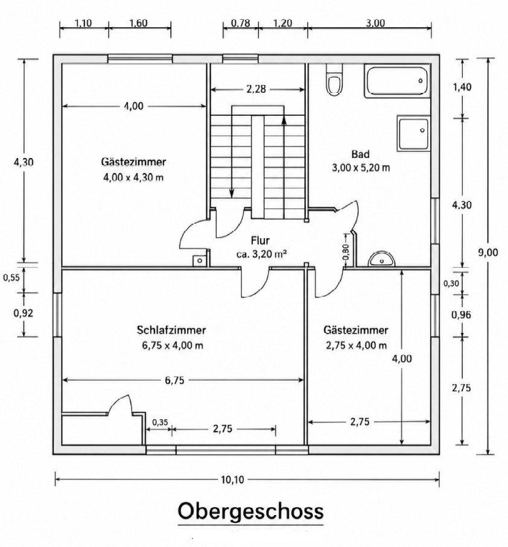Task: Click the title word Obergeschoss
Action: point(250,512)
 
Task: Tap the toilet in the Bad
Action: point(334,80)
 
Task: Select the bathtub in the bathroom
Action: point(397,80)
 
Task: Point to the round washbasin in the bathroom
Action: point(381,259)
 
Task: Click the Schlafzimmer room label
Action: point(171,330)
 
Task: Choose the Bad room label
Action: point(360,154)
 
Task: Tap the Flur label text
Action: point(260,241)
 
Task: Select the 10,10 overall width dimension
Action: point(233,479)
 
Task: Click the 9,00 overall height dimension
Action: point(487,253)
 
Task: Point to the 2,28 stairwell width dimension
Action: point(256,89)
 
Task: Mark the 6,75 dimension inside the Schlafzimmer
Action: point(174,381)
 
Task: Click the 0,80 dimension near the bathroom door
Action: point(346,252)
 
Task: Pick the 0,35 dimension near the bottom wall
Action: point(160,422)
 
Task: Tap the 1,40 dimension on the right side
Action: point(462,87)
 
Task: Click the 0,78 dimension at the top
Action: point(241,24)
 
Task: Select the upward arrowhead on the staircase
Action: point(284,119)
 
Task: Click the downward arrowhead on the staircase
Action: point(232,194)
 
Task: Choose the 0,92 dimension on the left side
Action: point(24,313)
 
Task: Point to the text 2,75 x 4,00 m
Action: point(356,346)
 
